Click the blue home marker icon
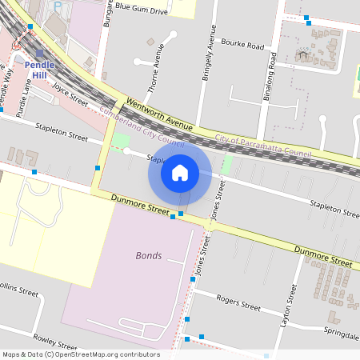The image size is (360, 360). (180, 172)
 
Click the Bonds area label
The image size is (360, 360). (149, 256)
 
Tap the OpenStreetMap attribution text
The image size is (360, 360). (81, 354)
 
